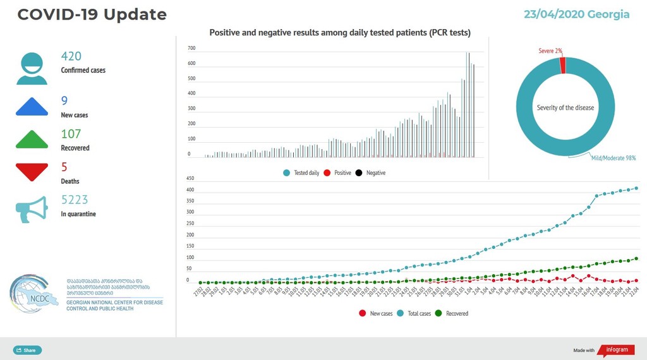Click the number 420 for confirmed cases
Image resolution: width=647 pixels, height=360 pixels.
[71, 56]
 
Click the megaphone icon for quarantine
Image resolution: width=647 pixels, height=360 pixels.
[32, 209]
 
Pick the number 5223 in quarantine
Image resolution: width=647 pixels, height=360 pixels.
[75, 200]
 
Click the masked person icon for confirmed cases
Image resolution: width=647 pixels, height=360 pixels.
[32, 68]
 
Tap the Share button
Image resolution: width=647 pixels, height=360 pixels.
[27, 350]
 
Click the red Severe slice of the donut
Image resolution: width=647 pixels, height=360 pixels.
[562, 65]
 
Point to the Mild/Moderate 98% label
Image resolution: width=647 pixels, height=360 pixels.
[614, 158]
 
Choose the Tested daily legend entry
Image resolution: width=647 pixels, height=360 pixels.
[302, 172]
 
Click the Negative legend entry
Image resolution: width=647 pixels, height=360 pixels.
[372, 172]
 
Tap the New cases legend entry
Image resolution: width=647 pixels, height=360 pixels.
[377, 313]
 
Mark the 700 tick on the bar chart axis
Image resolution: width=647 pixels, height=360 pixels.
[191, 48]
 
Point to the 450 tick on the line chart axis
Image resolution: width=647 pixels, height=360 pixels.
[190, 178]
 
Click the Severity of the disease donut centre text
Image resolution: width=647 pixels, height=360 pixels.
[565, 108]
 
